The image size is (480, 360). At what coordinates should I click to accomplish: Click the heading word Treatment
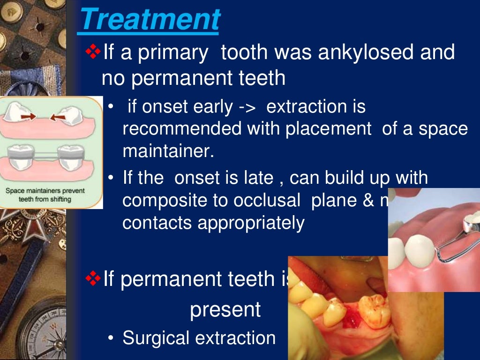150,20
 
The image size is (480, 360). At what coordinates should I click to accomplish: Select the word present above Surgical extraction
225,310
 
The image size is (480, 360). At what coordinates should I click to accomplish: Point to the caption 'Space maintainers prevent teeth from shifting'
45,195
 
